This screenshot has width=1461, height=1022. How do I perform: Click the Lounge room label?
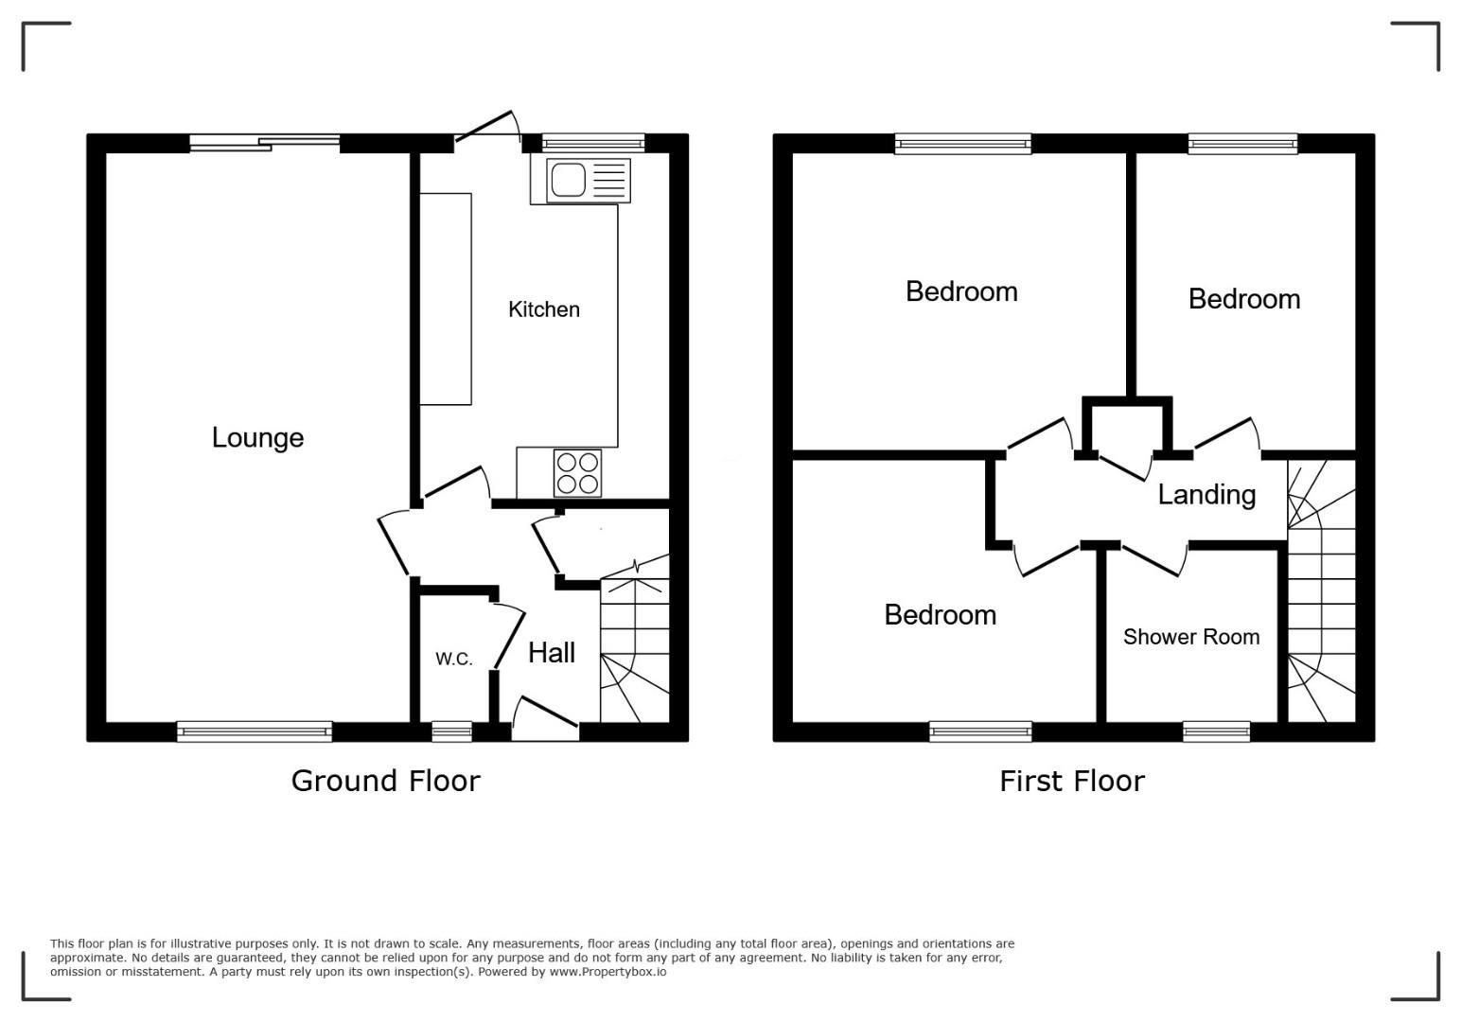257,437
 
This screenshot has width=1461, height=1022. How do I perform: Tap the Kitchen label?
544,309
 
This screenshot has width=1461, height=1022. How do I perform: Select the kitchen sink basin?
568,180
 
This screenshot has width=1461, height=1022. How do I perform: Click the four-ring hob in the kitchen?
577,473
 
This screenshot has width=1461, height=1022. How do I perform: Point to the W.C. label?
454,659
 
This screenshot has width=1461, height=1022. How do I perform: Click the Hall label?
551,652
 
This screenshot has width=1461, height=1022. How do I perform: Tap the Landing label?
1206,495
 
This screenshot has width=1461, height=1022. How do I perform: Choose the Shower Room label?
1191,637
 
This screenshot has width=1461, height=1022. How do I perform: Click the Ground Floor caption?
385,781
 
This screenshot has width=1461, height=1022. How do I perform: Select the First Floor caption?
1071,781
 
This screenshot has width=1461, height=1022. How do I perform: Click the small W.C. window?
452,731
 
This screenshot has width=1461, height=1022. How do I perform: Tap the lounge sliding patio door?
265,143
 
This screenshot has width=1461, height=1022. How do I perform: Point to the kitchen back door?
487,127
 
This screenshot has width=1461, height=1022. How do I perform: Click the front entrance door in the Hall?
545,719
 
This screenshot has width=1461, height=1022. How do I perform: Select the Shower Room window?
1217,731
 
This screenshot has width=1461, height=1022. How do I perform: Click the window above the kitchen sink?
593,143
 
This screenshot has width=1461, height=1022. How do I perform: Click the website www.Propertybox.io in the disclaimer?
607,972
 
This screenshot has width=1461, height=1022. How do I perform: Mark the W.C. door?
508,636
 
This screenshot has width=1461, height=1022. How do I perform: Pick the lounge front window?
255,731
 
